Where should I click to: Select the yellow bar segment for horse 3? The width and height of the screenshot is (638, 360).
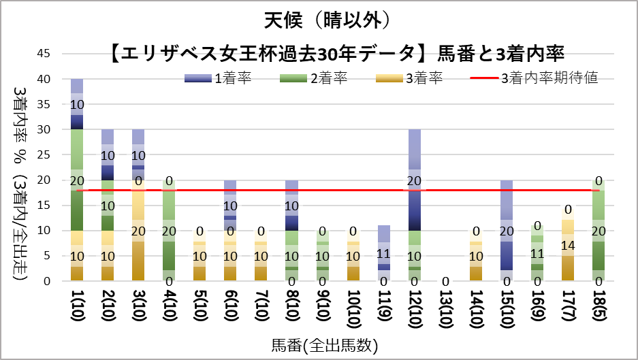click(138, 231)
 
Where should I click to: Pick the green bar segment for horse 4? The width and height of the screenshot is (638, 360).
click(170, 231)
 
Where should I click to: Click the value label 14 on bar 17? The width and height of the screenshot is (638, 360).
click(567, 245)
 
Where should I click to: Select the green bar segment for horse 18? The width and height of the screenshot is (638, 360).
click(599, 231)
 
